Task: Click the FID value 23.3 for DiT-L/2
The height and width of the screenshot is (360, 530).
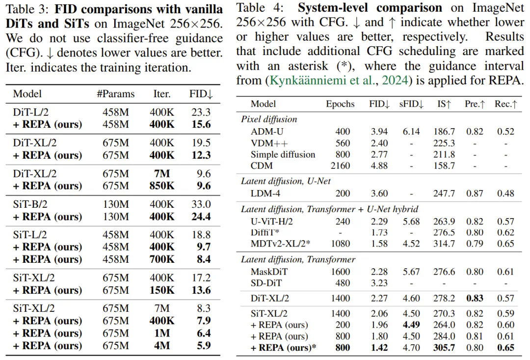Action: tap(201, 112)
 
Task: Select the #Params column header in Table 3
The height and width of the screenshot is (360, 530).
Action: tap(115, 94)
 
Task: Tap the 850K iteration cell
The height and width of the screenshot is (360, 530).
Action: tap(162, 186)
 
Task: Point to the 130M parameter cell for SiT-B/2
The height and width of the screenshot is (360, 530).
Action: tap(115, 204)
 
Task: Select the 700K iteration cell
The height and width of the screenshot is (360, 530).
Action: tap(162, 259)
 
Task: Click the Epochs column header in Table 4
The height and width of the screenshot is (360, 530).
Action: tap(340, 104)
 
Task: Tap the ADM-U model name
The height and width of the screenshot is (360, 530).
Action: tap(267, 132)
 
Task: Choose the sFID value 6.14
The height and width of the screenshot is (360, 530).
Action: tap(411, 132)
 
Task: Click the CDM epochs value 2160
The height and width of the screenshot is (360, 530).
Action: tap(340, 166)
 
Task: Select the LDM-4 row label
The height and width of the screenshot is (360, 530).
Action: tap(266, 194)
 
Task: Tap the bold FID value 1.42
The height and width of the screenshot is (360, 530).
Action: tap(379, 348)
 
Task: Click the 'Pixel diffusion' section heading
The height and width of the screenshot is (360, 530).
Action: tap(269, 119)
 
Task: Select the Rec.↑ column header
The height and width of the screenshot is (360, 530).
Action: tap(505, 104)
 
